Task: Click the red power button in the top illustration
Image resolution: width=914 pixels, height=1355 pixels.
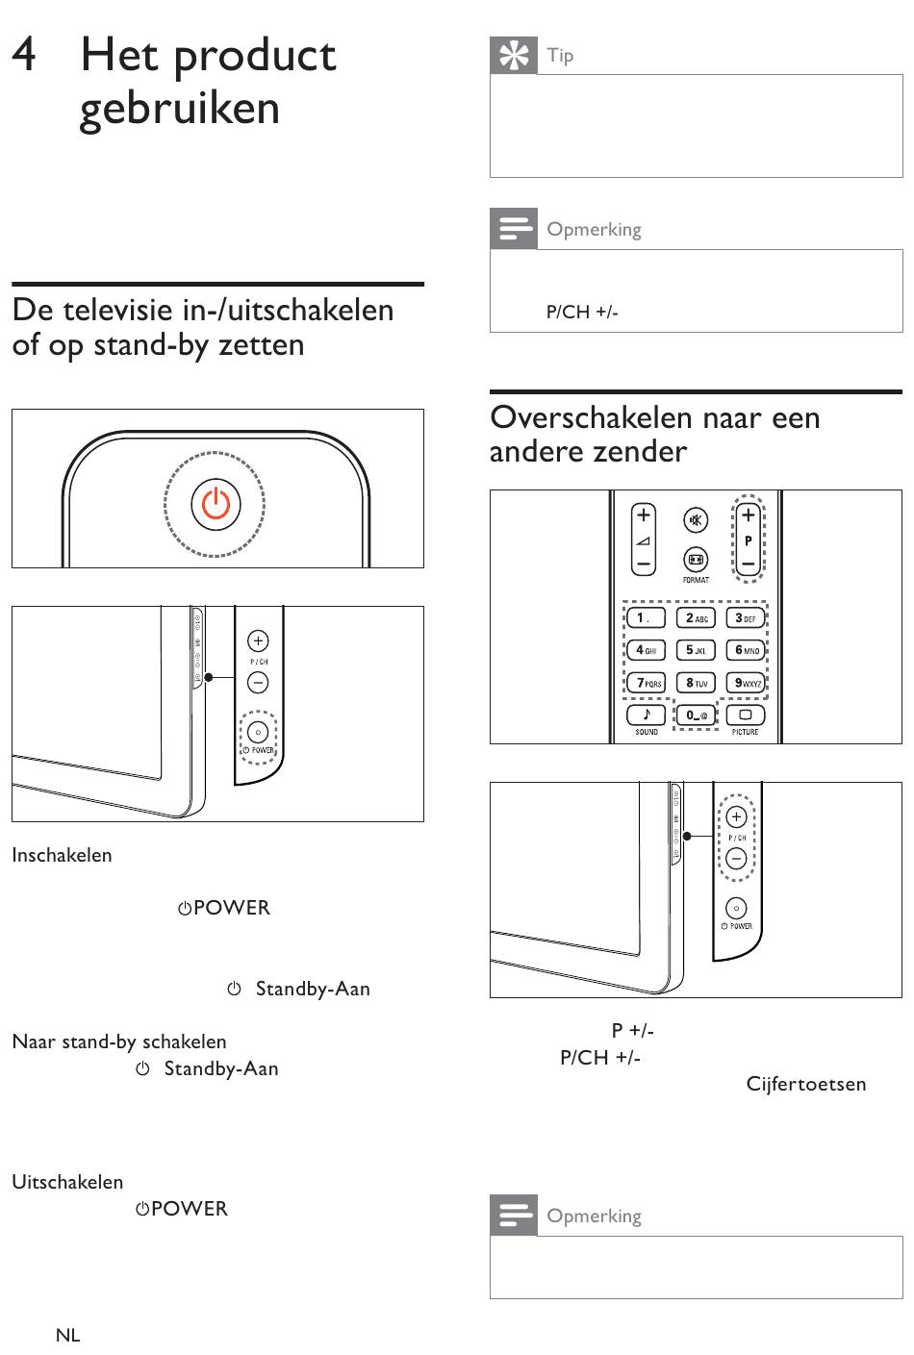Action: tap(215, 505)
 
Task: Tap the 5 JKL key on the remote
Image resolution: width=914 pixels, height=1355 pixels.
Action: tap(696, 650)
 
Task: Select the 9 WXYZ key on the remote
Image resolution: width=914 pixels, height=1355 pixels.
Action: tap(747, 683)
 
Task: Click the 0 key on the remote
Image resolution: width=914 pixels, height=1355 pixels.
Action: tap(695, 715)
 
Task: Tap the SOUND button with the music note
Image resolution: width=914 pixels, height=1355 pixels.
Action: tap(646, 715)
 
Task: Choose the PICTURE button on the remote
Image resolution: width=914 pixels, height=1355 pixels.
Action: tap(745, 715)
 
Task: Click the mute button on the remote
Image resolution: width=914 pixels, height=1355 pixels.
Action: tap(695, 520)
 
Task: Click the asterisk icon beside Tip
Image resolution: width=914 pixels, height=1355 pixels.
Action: tap(514, 56)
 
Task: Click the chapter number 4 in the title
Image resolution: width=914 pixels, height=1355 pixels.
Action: tap(25, 55)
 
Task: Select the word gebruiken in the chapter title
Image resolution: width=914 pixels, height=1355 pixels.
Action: tap(180, 108)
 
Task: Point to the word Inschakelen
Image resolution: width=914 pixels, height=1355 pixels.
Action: tap(62, 855)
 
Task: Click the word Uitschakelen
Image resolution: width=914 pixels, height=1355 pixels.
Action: tap(67, 1182)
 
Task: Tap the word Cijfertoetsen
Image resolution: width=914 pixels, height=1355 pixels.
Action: tap(806, 1084)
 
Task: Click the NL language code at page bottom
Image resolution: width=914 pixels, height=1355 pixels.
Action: tap(67, 1335)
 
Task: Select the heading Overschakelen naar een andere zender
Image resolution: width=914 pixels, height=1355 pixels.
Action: tap(654, 434)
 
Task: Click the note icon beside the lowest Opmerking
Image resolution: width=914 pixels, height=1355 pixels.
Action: tap(514, 1215)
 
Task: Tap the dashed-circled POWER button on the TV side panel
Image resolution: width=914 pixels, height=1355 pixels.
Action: tap(258, 733)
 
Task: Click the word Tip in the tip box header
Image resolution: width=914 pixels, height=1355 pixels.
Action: tap(560, 56)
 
